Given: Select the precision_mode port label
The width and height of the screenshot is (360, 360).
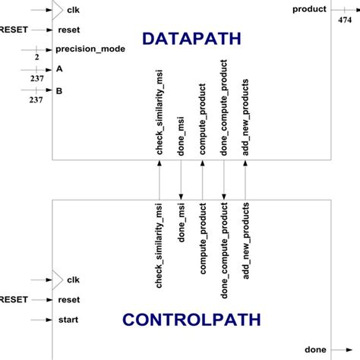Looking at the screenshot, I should [x=90, y=49].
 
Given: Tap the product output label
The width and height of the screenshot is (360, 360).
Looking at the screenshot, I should [x=309, y=9].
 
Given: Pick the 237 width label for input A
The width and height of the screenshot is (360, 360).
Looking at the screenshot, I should [x=36, y=77].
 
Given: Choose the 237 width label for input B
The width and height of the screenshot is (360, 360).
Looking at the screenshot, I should [x=36, y=99].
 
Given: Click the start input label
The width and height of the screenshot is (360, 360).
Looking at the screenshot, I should [x=68, y=319].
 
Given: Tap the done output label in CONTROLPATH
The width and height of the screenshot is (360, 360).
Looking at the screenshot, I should [x=315, y=349].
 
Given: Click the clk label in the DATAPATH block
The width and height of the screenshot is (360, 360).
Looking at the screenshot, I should [x=74, y=11].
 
